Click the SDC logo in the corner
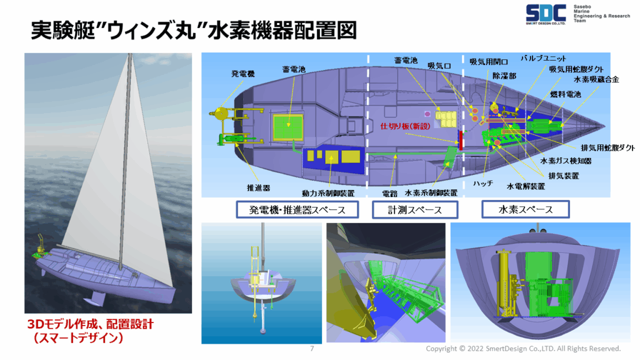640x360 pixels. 545,14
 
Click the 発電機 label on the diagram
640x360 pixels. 243,74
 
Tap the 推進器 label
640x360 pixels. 258,188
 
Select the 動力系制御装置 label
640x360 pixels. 328,193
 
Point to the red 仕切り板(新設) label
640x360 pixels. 405,126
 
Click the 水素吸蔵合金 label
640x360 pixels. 596,79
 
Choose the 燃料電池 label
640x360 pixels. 565,94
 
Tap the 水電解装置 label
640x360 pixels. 526,186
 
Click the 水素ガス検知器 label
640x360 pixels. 566,161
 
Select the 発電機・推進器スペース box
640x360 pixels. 297,210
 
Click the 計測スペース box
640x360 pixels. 415,210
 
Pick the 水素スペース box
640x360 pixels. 525,209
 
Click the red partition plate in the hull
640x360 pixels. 461,140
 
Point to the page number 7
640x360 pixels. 312,349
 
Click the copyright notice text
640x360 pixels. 523,349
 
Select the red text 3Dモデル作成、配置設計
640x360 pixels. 90,324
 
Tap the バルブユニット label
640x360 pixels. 543,58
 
